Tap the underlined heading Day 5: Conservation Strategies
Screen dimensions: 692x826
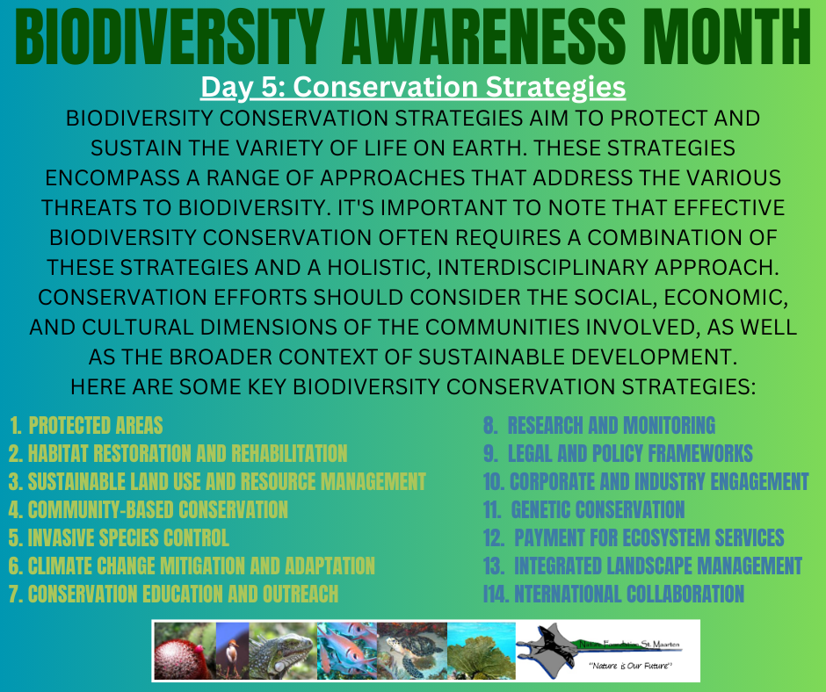pos(412,88)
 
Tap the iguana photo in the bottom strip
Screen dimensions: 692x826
pos(282,651)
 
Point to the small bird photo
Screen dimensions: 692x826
pos(232,651)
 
